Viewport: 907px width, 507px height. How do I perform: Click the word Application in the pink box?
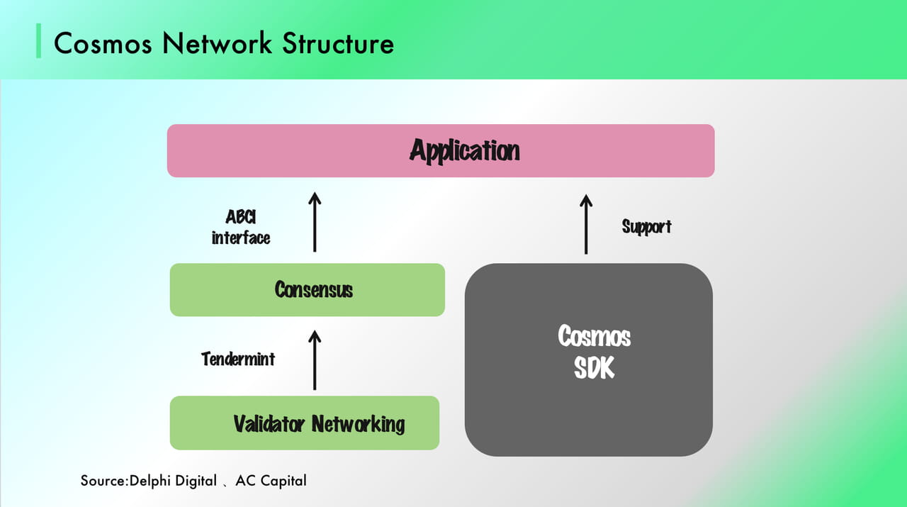[x=464, y=151]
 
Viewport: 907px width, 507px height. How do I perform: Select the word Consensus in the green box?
[x=313, y=289]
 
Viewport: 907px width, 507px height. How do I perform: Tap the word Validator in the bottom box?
[x=269, y=424]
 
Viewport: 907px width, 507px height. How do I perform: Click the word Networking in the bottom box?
[x=359, y=424]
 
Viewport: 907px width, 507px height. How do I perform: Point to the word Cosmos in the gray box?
[x=594, y=335]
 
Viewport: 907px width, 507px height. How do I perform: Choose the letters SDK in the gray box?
[x=594, y=368]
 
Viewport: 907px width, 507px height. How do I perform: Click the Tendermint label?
[x=238, y=359]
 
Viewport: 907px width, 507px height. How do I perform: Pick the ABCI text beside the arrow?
[x=240, y=218]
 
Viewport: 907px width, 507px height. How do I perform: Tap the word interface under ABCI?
[x=241, y=238]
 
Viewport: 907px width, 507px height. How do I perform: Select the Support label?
[x=646, y=227]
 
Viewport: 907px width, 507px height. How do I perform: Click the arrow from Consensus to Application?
[x=315, y=221]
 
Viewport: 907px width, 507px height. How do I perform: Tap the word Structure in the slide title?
[x=339, y=44]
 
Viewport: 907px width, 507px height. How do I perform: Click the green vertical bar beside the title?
[x=39, y=42]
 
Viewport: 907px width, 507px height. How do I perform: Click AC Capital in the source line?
[x=273, y=481]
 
